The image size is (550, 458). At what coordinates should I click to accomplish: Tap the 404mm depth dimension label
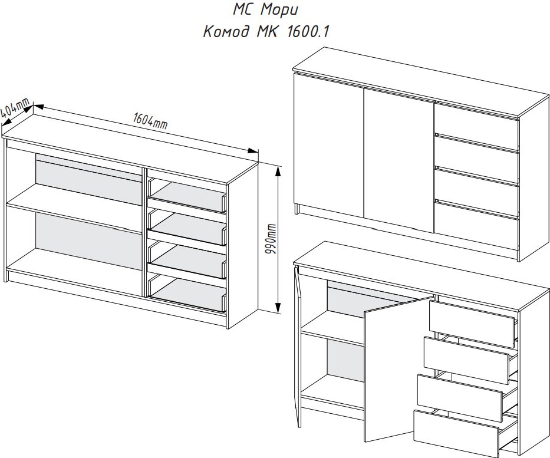pyautogui.click(x=15, y=108)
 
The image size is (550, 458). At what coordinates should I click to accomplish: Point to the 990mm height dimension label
pyautogui.click(x=272, y=239)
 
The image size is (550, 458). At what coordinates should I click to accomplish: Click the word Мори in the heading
pyautogui.click(x=279, y=10)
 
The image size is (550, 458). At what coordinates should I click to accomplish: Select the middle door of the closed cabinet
pyautogui.click(x=399, y=160)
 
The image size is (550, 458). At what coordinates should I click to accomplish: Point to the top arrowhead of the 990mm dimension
pyautogui.click(x=278, y=171)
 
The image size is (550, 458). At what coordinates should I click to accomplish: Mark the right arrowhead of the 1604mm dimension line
pyautogui.click(x=253, y=151)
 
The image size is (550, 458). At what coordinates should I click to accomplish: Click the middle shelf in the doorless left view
pyautogui.click(x=74, y=207)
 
